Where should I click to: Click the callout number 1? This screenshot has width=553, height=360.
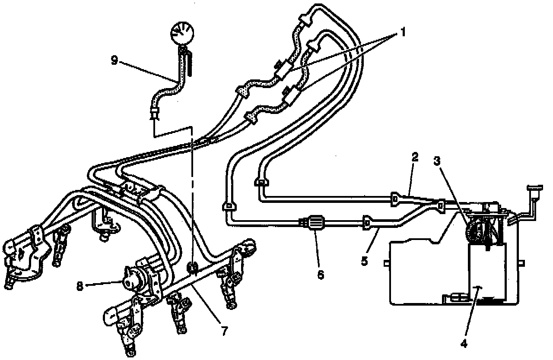pos(402,33)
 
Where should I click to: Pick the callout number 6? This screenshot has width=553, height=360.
pos(320,275)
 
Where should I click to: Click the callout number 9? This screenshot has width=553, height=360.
pos(114,60)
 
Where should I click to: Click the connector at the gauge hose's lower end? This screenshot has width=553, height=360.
pos(154,114)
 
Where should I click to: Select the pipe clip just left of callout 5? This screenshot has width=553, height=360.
pos(366,223)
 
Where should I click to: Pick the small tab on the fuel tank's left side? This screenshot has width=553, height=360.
pos(386,262)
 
